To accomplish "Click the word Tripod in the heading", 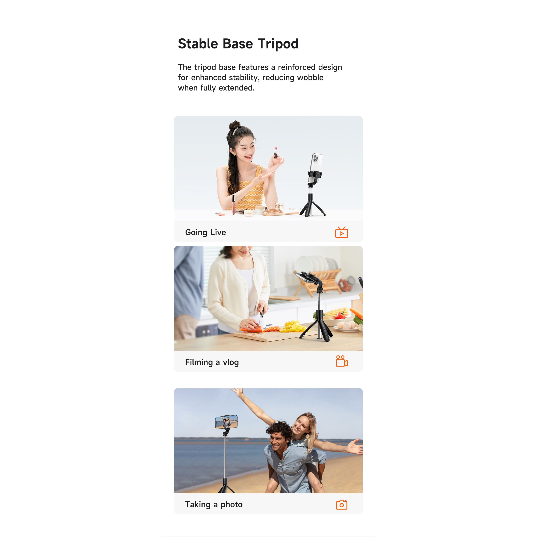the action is point(278,44).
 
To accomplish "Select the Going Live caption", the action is point(205,232).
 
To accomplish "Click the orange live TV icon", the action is point(341,232).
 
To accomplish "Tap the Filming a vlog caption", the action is point(212,362).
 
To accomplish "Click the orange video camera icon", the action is point(342,361).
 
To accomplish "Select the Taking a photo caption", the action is point(214,504).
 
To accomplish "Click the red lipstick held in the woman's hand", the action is point(275,153).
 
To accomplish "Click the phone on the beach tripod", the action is point(227,422).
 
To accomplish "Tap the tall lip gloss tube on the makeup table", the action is point(233,204).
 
